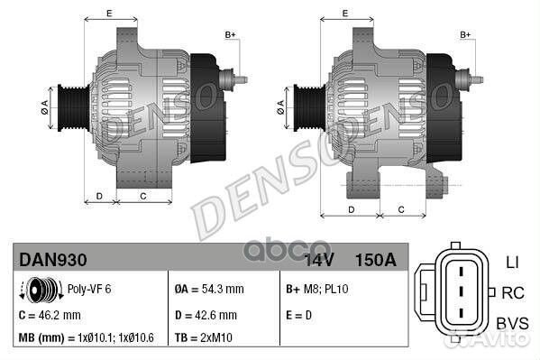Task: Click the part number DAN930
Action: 53,261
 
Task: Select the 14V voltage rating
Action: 318,261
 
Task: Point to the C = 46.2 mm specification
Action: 50,315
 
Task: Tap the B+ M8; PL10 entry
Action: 317,290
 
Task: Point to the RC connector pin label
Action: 512,292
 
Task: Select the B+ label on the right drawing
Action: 466,35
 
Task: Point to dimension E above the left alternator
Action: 109,13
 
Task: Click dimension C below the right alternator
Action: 399,209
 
